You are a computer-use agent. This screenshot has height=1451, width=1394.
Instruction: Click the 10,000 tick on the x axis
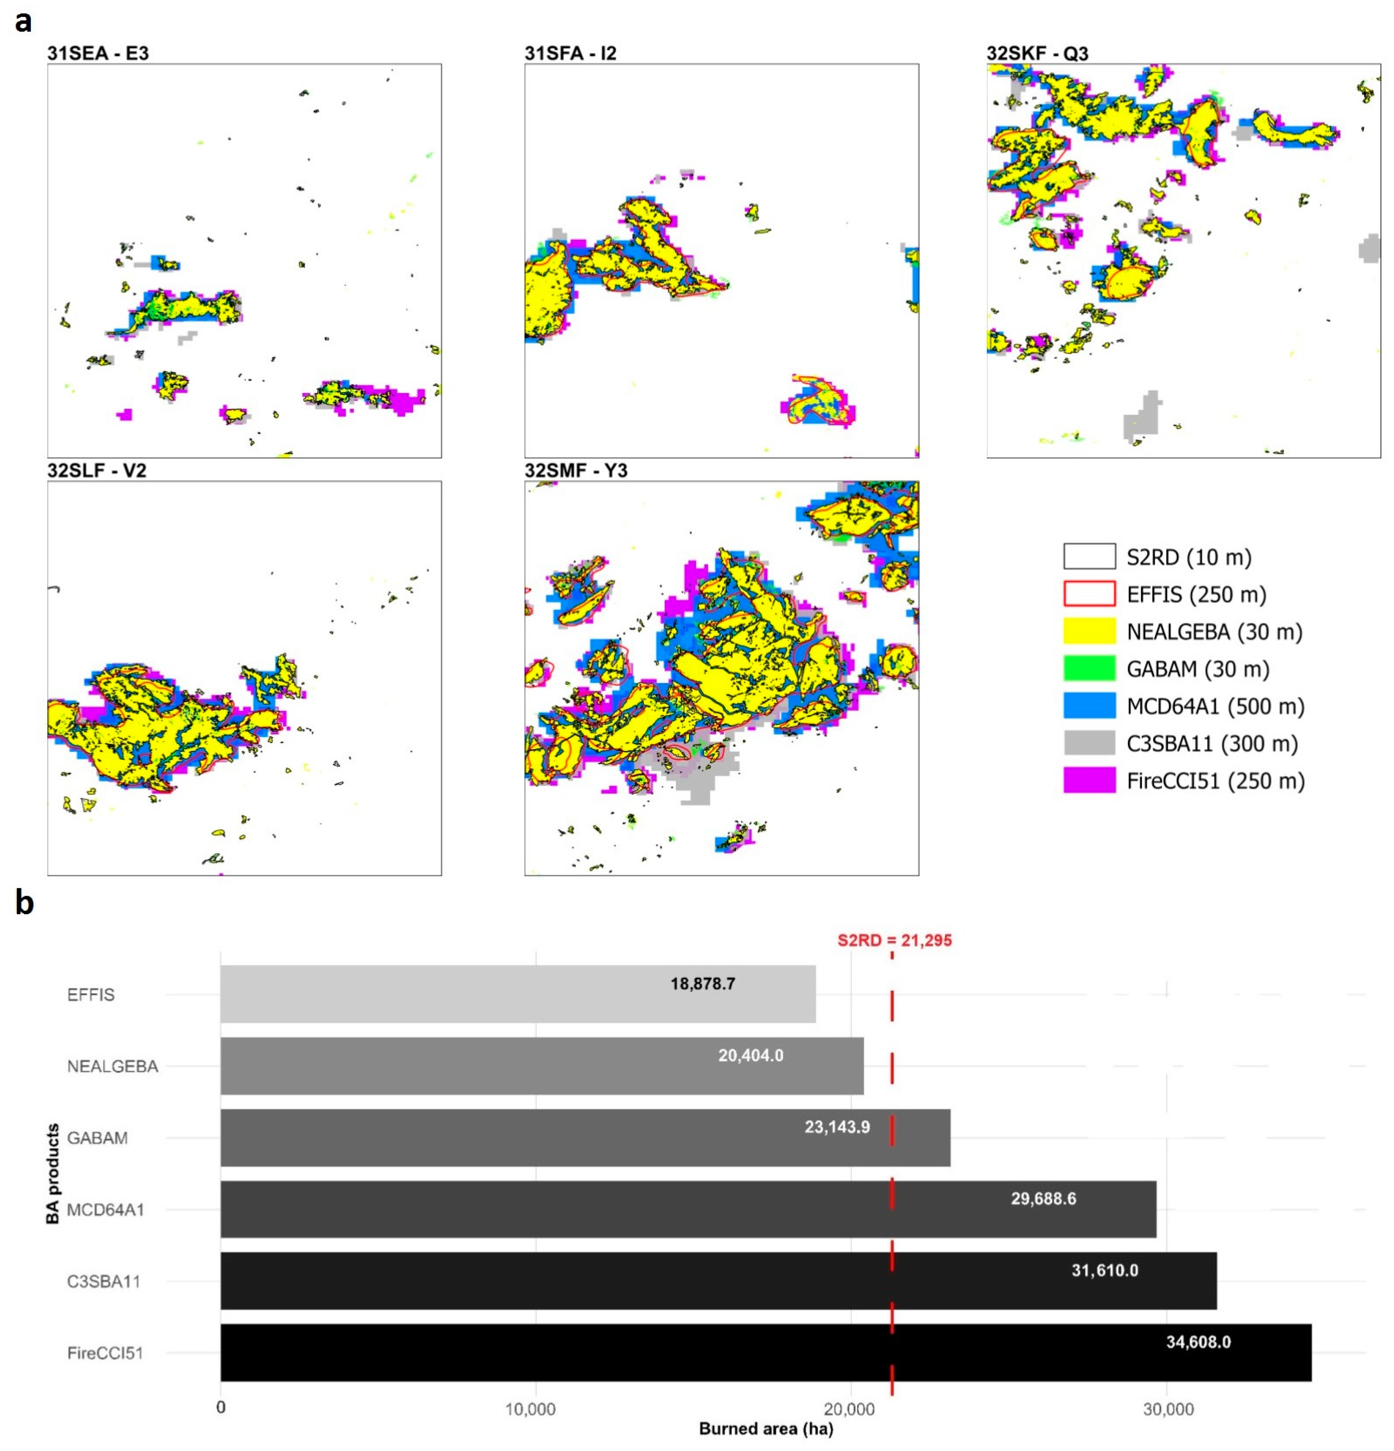[530, 1409]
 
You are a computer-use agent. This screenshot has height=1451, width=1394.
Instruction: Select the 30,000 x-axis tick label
[1167, 1409]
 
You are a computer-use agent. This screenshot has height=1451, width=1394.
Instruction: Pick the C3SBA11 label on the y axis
[104, 1282]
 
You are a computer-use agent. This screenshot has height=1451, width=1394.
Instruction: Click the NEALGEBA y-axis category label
[112, 1066]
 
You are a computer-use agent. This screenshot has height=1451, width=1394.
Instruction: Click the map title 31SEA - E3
[98, 53]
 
